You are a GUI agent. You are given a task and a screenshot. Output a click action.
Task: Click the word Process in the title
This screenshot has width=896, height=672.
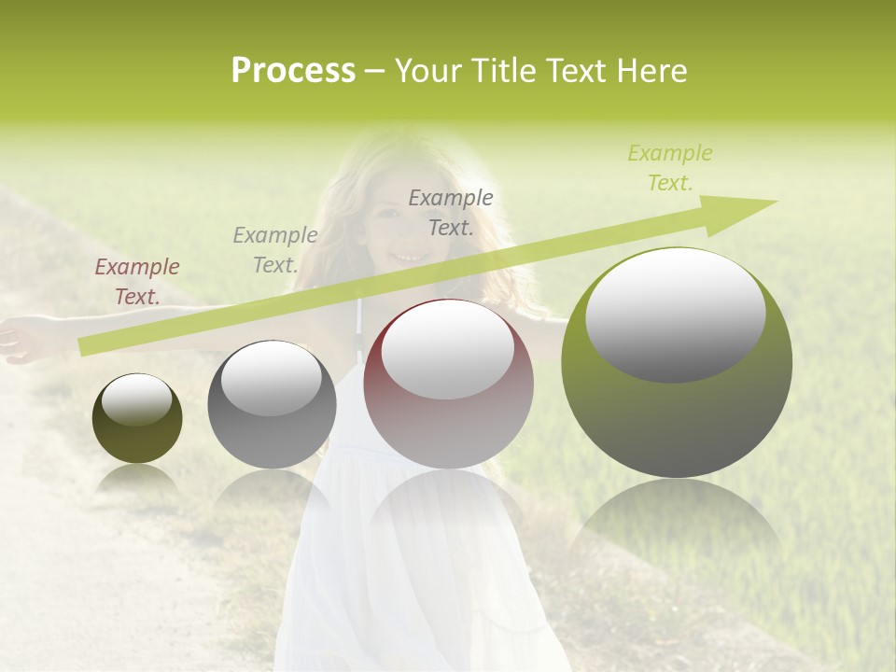(293, 71)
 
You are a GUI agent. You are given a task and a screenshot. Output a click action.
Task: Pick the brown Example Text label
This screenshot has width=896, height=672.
(137, 282)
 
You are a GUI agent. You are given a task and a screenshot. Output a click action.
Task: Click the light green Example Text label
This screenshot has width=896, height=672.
(670, 168)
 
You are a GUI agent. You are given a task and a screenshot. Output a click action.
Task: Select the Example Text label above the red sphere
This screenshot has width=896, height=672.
(451, 213)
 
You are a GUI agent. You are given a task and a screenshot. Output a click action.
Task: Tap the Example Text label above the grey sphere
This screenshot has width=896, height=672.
(275, 249)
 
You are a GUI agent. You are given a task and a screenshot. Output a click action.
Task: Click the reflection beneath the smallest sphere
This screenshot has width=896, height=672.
(137, 478)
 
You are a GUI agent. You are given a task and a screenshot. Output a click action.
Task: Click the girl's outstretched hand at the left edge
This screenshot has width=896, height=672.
(13, 340)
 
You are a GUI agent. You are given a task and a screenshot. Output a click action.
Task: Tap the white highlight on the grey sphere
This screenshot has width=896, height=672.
(272, 378)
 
